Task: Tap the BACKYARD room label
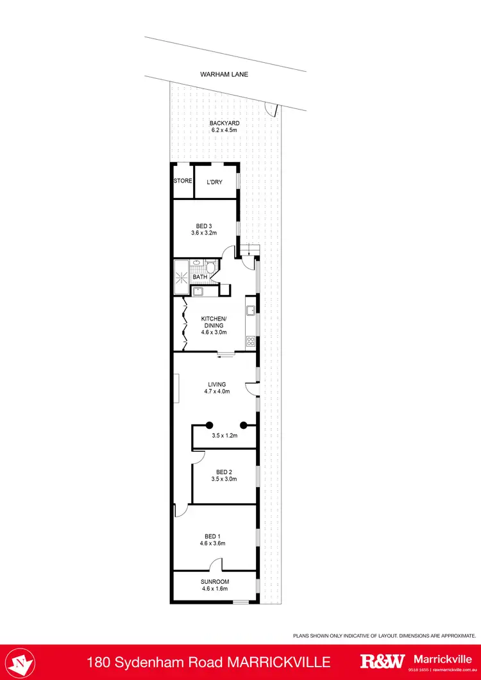(224, 122)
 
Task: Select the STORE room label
(183, 181)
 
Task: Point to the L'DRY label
(214, 182)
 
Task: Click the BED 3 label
(205, 225)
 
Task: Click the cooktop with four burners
(250, 341)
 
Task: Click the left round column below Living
(210, 424)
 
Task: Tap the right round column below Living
(244, 424)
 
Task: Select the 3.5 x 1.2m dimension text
(224, 436)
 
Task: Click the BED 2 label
(224, 472)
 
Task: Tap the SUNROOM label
(215, 581)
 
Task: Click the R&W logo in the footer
(382, 661)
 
